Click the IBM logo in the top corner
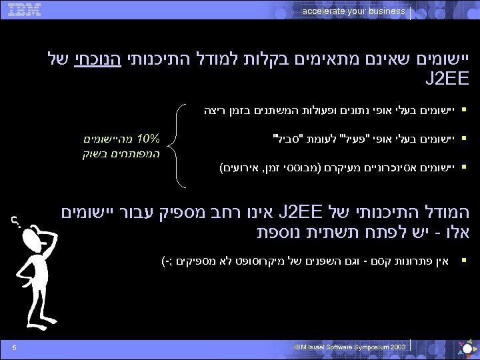pyautogui.click(x=25, y=9)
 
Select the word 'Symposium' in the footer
pyautogui.click(x=365, y=347)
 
